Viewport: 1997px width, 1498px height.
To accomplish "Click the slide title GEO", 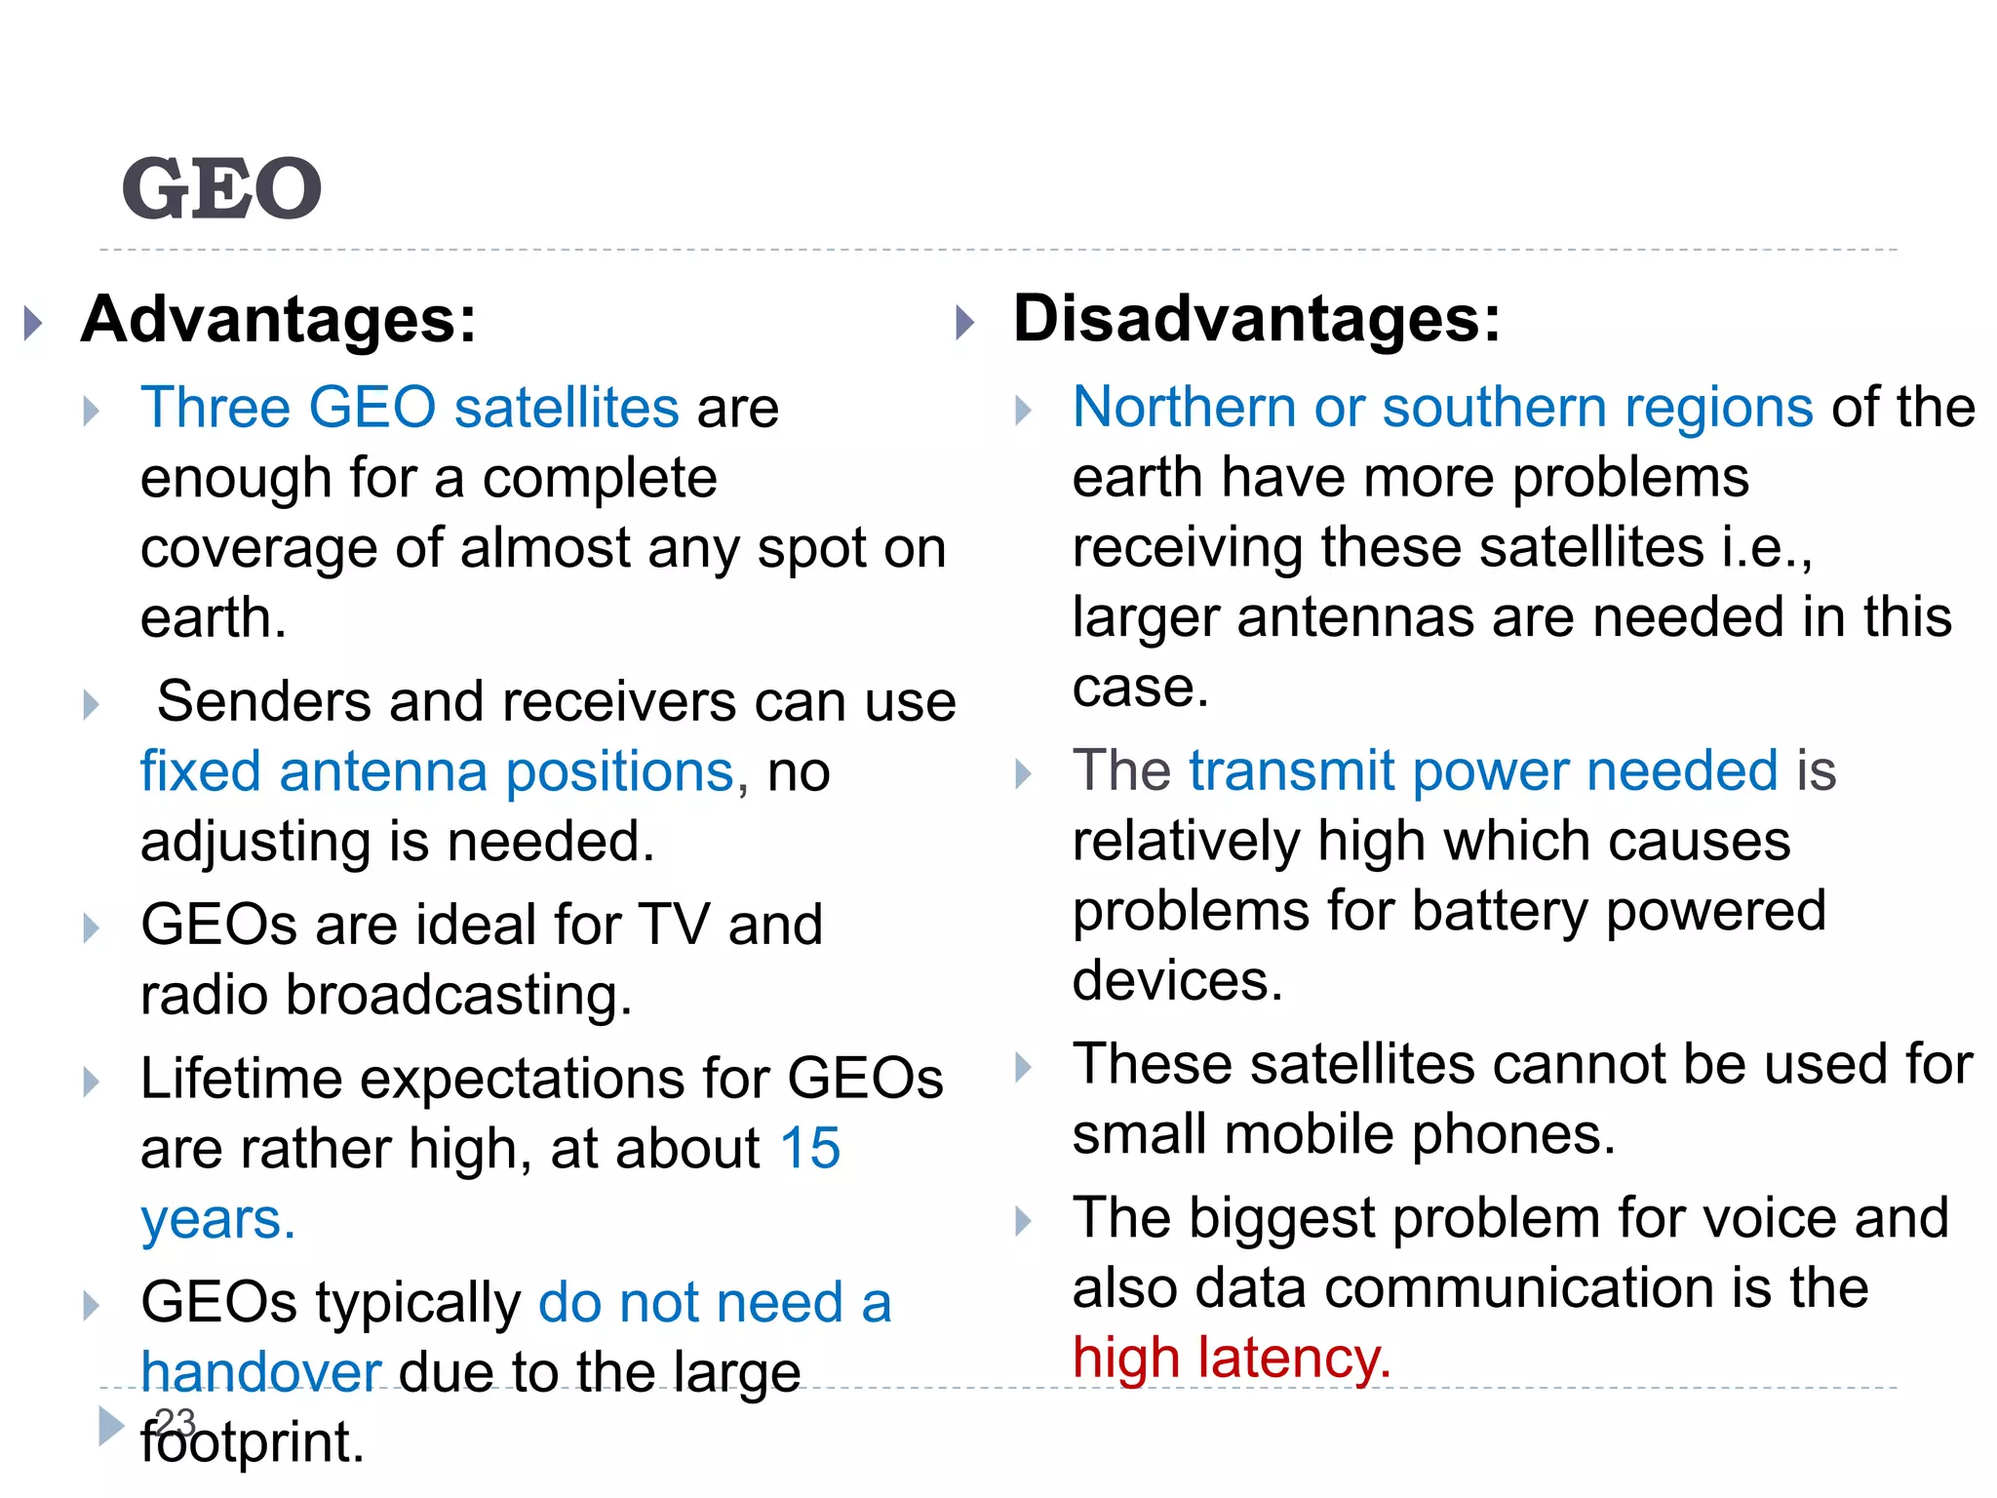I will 222,188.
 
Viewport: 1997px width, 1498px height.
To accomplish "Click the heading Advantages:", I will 279,319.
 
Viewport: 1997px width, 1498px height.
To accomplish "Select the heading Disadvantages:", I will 1257,319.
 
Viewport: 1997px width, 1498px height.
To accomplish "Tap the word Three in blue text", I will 215,407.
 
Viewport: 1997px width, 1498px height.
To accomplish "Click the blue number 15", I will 809,1148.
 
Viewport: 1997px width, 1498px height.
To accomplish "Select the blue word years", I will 217,1219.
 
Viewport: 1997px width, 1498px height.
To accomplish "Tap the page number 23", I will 176,1422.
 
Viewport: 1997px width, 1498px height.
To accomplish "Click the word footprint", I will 252,1442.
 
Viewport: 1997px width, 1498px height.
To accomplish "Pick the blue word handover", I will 260,1372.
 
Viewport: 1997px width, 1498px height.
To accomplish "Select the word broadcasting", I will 458,995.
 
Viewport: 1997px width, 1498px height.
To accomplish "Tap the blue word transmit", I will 1292,770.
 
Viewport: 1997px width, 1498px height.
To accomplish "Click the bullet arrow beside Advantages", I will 34,323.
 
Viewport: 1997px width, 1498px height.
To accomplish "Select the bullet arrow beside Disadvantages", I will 965,323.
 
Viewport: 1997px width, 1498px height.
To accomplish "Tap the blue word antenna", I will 383,771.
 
